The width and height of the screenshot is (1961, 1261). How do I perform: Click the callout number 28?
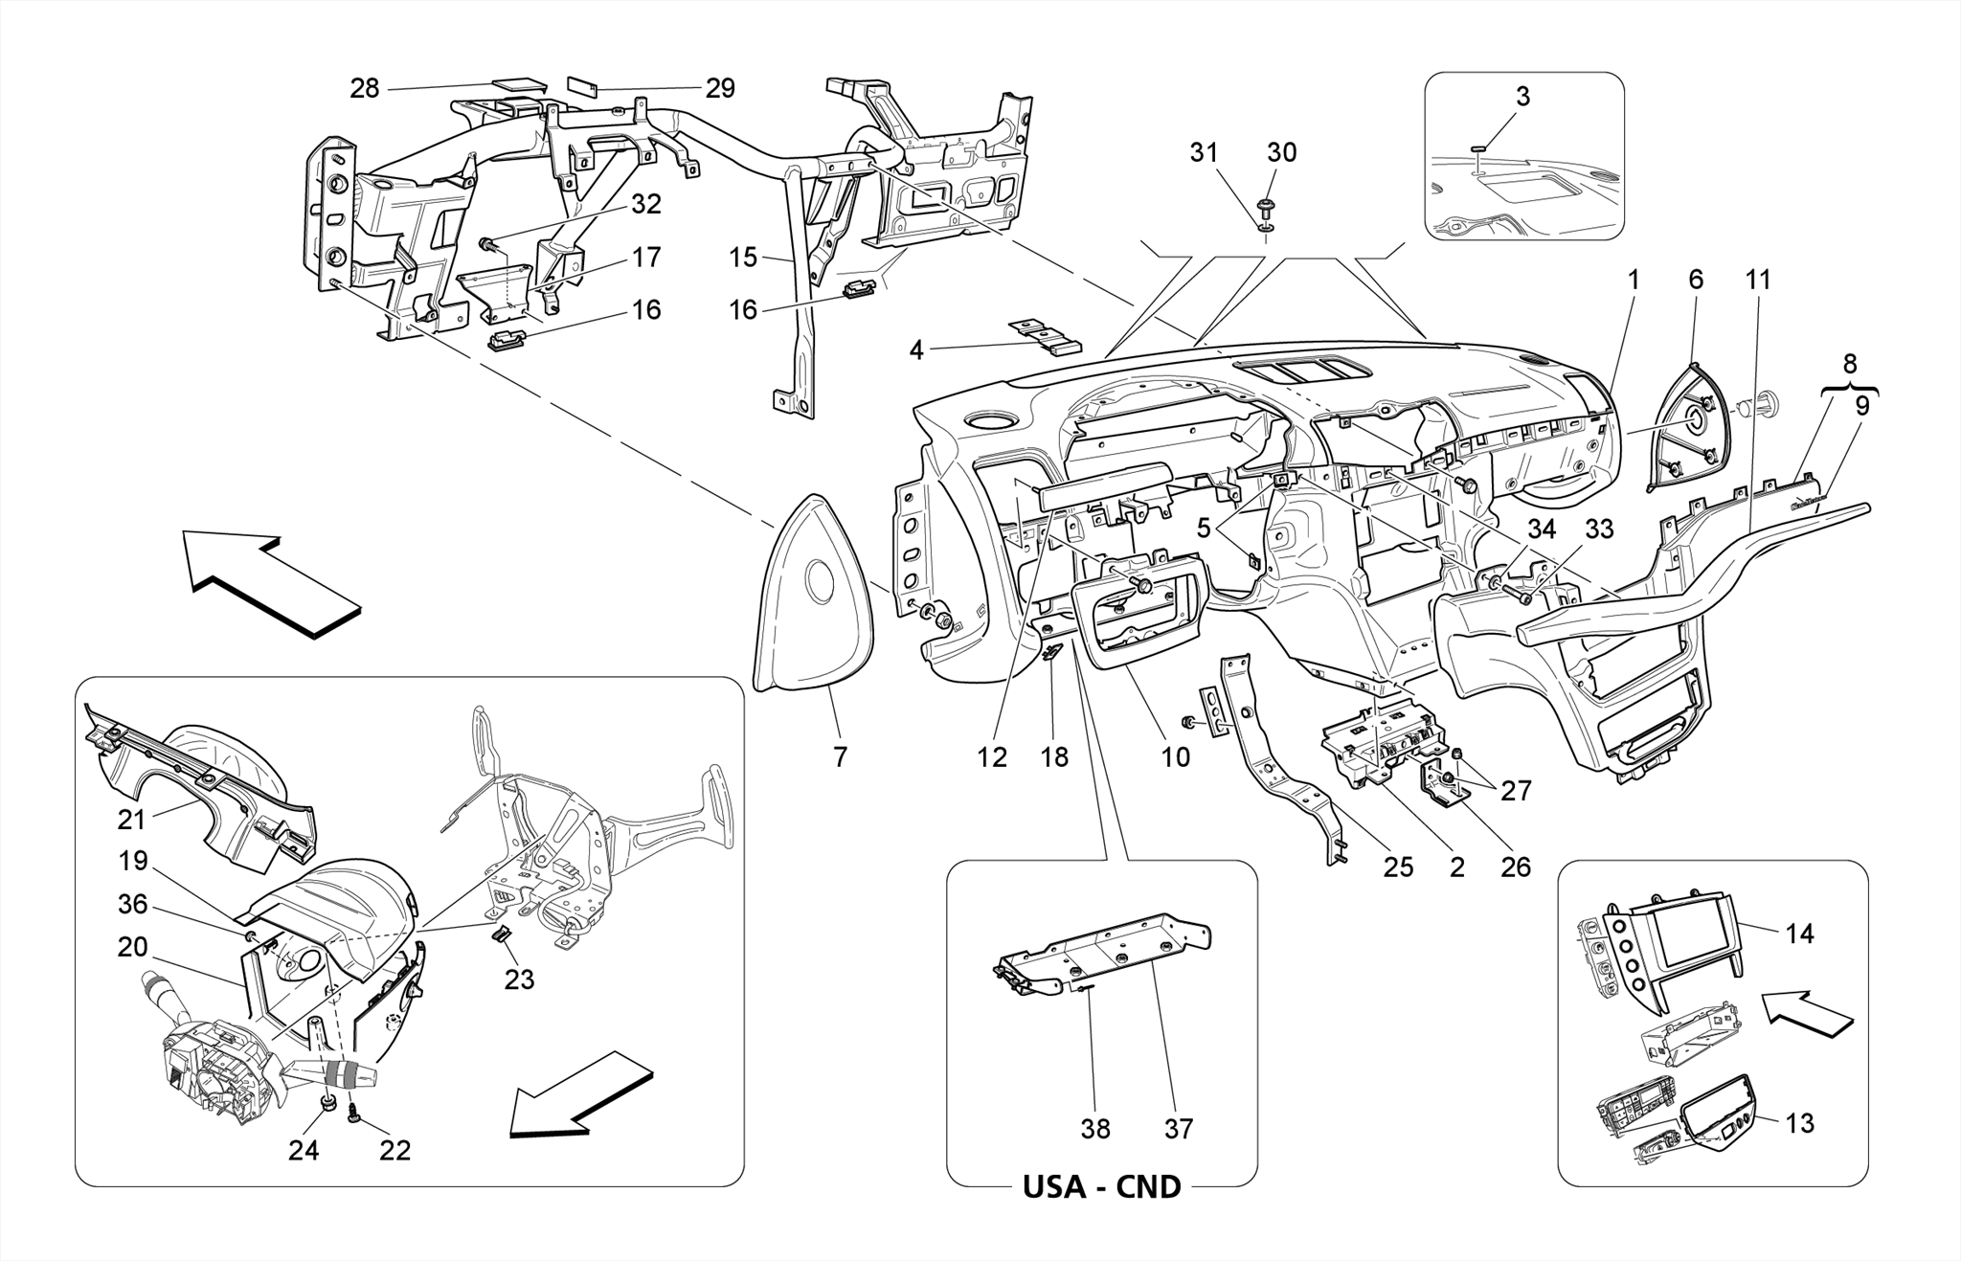click(x=365, y=89)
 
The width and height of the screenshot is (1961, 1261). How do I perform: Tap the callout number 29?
click(x=720, y=89)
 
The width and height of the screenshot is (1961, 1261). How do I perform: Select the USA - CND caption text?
click(x=1101, y=1187)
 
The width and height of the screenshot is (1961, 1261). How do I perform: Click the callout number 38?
click(x=1095, y=1130)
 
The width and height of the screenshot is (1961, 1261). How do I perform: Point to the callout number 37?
click(x=1179, y=1130)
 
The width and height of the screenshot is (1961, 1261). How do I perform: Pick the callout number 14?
click(x=1800, y=934)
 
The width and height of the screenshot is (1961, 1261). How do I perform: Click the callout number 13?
click(x=1800, y=1123)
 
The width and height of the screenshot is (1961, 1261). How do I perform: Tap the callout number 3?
click(x=1522, y=97)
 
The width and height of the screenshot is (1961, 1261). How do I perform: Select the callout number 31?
click(x=1205, y=152)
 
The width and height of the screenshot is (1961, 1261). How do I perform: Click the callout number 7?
click(x=840, y=757)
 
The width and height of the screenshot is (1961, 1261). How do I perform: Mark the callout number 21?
click(x=131, y=820)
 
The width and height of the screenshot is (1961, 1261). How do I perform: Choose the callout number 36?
click(x=133, y=904)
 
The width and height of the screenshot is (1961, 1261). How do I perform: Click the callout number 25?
click(x=1398, y=867)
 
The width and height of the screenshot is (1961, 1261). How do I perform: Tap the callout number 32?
click(x=646, y=205)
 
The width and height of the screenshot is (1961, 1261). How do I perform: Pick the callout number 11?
click(x=1758, y=281)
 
